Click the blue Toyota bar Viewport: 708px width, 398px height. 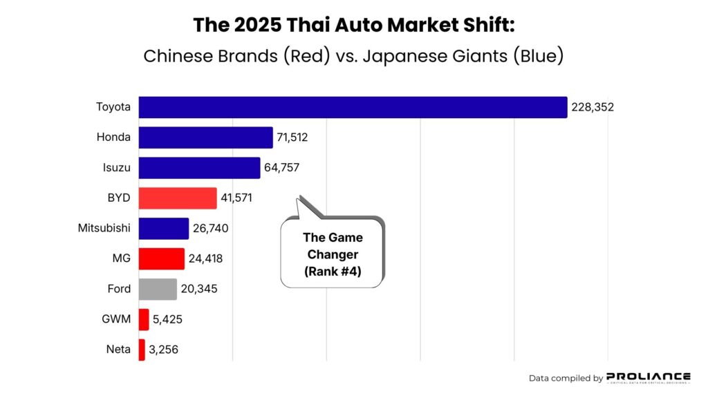(353, 107)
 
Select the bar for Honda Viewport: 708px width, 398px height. (206, 138)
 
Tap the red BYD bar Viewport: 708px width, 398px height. (178, 198)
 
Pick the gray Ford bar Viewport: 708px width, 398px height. (158, 289)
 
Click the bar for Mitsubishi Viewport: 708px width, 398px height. (164, 229)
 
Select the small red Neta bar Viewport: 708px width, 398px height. (142, 350)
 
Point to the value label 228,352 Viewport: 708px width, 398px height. (593, 107)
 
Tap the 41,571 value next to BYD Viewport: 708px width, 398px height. (236, 198)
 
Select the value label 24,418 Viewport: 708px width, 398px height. (205, 259)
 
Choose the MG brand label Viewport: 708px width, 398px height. (121, 259)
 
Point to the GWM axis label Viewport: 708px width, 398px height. (117, 319)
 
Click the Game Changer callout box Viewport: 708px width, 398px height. (332, 254)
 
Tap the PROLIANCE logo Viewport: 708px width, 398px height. (648, 377)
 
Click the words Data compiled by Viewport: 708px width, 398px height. (566, 378)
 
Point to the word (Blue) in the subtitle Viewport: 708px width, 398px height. (538, 56)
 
